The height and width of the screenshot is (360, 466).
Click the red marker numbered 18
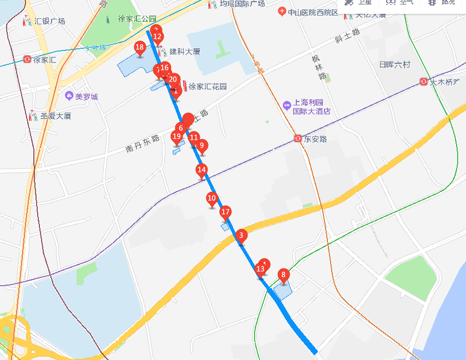pos(140,48)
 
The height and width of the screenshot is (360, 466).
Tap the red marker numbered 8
pos(283,275)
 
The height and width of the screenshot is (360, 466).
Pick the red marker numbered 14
pos(202,170)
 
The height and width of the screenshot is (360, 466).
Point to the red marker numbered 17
pos(225,212)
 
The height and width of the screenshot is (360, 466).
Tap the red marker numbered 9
pos(202,146)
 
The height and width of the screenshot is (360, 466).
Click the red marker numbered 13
pos(260,270)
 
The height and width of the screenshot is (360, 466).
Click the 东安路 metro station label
pos(315,139)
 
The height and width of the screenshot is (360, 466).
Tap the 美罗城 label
pos(86,97)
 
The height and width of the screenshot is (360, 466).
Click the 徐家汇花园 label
pos(207,87)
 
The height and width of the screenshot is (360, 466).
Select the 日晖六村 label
pos(394,65)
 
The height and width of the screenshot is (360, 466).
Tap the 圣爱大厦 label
pos(55,116)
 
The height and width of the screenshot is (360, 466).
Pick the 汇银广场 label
pos(49,21)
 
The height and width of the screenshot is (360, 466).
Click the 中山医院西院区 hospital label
pos(313,12)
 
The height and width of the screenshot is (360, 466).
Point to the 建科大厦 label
pos(184,52)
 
